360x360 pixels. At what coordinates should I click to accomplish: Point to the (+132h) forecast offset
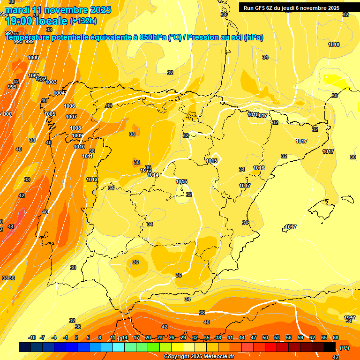click(x=83, y=21)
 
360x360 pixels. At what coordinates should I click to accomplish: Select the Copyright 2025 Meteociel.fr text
click(x=199, y=356)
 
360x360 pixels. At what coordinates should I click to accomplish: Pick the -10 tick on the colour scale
click(x=32, y=337)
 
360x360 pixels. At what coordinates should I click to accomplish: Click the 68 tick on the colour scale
click(x=336, y=337)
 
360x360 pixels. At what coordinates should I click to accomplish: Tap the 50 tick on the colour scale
click(x=265, y=337)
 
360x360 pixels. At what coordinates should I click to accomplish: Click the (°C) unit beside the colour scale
click(x=345, y=348)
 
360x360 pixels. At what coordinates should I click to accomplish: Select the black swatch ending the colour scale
click(x=330, y=347)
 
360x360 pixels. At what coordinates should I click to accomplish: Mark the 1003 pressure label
click(x=51, y=82)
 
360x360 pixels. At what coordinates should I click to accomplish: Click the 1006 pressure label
click(x=69, y=106)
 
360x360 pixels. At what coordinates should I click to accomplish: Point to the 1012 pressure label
click(x=92, y=180)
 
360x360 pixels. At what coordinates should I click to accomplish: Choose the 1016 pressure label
click(x=259, y=168)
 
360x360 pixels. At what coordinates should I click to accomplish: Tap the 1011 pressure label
click(x=87, y=156)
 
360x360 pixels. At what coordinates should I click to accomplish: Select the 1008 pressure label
click(x=75, y=128)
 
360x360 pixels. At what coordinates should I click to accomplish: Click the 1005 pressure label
click(x=50, y=114)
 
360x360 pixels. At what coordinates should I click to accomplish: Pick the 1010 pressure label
click(x=79, y=147)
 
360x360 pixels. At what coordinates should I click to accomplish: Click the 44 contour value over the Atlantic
click(x=11, y=226)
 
